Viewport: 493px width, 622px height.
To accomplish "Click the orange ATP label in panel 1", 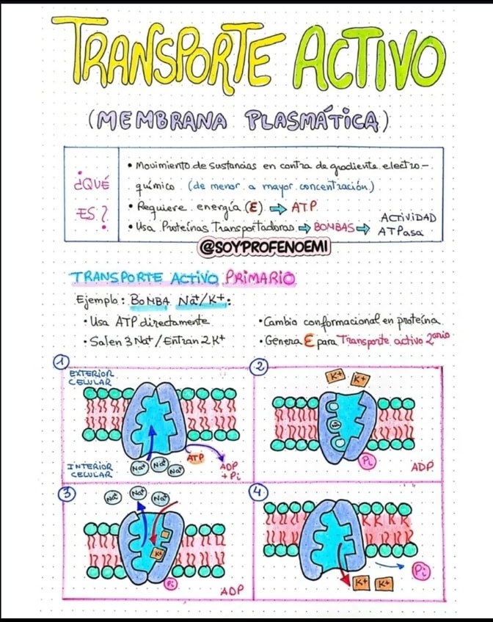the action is tap(194, 458).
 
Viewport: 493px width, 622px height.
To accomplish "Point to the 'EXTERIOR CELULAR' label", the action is tap(90, 376).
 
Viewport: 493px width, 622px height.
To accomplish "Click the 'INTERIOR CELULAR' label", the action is tap(90, 469).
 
